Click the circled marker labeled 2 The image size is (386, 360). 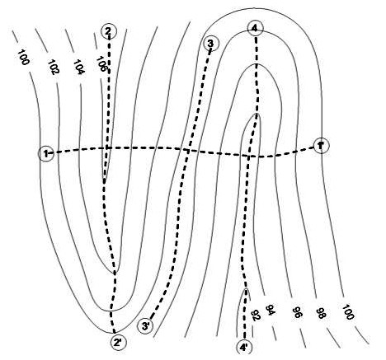[109, 31]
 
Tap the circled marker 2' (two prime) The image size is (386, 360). [119, 342]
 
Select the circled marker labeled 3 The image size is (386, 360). [211, 44]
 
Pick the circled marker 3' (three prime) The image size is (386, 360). [145, 326]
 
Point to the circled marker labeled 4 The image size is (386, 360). [256, 28]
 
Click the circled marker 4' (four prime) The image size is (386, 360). [244, 348]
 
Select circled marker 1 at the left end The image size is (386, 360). [46, 153]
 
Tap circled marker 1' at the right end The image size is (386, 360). [321, 146]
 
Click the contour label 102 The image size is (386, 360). [54, 68]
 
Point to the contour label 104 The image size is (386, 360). [79, 67]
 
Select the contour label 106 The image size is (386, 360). [101, 64]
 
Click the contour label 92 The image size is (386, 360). [255, 315]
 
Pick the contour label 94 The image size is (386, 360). [271, 311]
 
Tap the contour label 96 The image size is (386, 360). [296, 312]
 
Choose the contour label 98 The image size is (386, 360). [321, 313]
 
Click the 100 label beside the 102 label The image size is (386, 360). [23, 58]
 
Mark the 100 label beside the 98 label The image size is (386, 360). [347, 312]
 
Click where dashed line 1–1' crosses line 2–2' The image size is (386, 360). [108, 148]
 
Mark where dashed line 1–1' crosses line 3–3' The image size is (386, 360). [187, 151]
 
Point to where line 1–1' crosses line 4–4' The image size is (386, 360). [249, 157]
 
